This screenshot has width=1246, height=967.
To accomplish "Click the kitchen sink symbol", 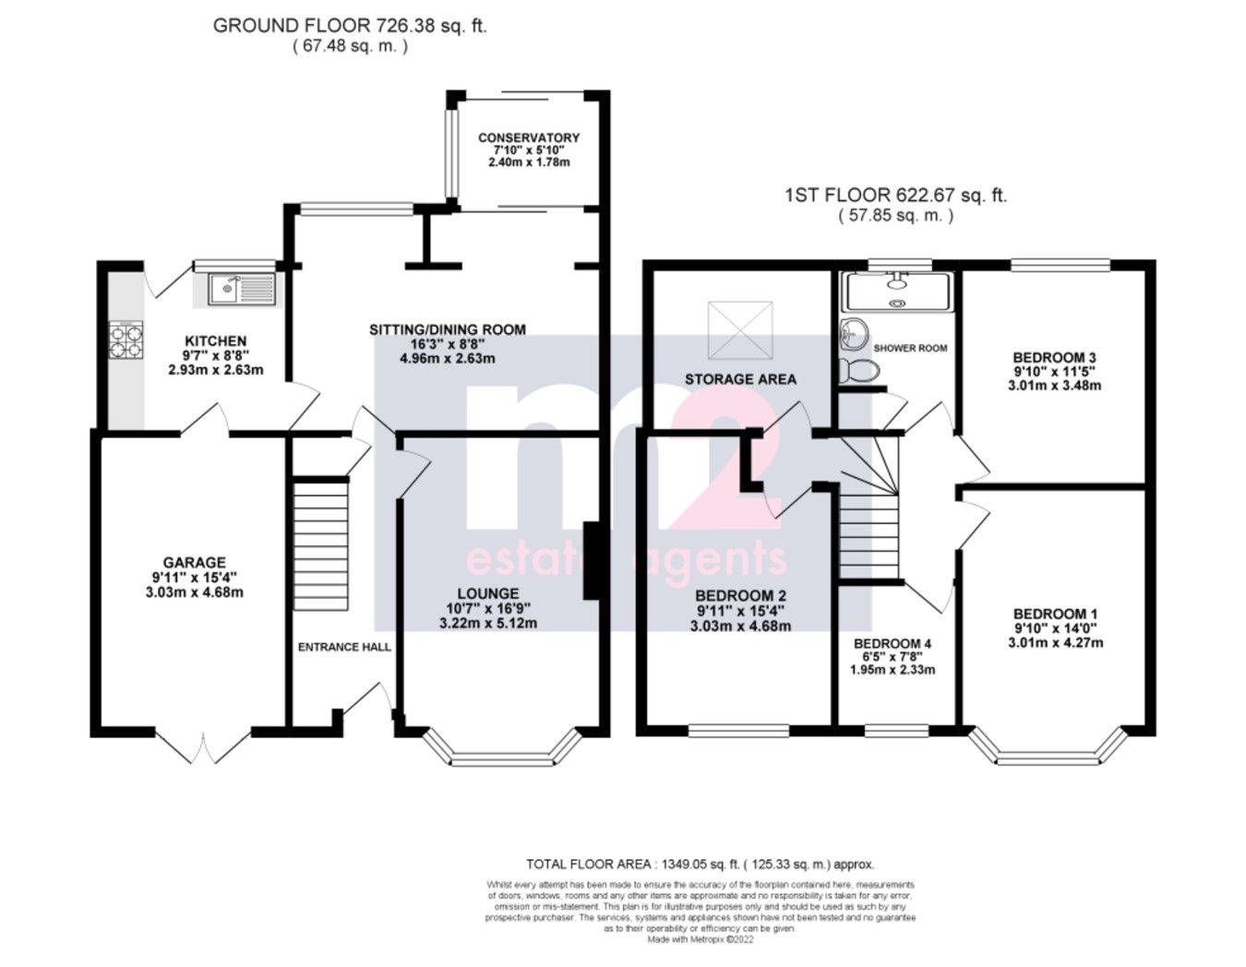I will pyautogui.click(x=234, y=290).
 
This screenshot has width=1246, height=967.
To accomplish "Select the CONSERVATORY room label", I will pyautogui.click(x=529, y=137).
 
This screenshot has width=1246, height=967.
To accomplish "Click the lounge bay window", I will pyautogui.click(x=504, y=749).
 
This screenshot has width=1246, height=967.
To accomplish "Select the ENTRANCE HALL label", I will pyautogui.click(x=343, y=647).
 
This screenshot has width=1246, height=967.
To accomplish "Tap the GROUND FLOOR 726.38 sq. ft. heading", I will pyautogui.click(x=350, y=25).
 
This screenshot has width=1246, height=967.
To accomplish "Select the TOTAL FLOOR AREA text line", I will pyautogui.click(x=700, y=865).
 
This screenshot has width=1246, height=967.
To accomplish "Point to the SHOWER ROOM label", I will pyautogui.click(x=910, y=348).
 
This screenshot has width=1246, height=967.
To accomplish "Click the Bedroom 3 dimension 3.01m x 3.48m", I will pyautogui.click(x=1054, y=386).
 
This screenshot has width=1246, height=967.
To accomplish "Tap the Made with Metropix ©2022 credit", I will pyautogui.click(x=701, y=939).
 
